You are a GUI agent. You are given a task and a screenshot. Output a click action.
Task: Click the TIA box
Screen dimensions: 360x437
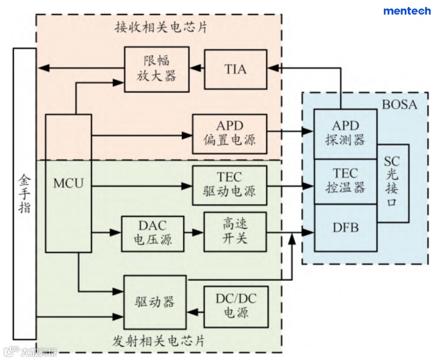coord(235,69)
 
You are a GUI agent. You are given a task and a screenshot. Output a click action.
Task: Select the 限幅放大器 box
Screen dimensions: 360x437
coord(157,69)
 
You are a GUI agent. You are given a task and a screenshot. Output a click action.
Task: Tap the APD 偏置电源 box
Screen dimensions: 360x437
coord(229,134)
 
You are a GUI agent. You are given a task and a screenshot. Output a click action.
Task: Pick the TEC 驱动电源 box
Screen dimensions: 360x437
coord(229,185)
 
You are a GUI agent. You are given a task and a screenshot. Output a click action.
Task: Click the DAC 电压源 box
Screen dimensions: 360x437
coord(153,233)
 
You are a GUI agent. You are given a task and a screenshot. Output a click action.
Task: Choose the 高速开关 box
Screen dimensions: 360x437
coord(235,232)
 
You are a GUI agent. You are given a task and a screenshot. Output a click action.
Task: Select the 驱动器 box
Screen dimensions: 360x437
coord(155,302)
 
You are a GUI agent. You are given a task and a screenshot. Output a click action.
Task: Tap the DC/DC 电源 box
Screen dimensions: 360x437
coord(236,306)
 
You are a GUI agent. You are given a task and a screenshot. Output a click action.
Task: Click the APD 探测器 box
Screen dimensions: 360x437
coord(346,134)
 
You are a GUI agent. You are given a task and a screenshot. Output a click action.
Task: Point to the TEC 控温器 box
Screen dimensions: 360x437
coord(346,181)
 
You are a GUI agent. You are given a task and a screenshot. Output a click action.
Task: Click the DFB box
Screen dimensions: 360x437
coord(346,228)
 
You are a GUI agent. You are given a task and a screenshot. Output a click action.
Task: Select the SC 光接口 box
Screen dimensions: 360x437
coord(392,182)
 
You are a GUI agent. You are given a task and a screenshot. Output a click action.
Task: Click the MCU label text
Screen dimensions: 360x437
coord(68,183)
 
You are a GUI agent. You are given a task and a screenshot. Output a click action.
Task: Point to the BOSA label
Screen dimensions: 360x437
coord(399,104)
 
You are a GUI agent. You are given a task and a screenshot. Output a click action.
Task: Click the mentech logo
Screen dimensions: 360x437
coord(407,11)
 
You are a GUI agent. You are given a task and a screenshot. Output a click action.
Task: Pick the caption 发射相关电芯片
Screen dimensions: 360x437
coord(158,341)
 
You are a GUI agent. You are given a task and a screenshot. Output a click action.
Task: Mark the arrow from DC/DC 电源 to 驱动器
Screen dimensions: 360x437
coord(195,311)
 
